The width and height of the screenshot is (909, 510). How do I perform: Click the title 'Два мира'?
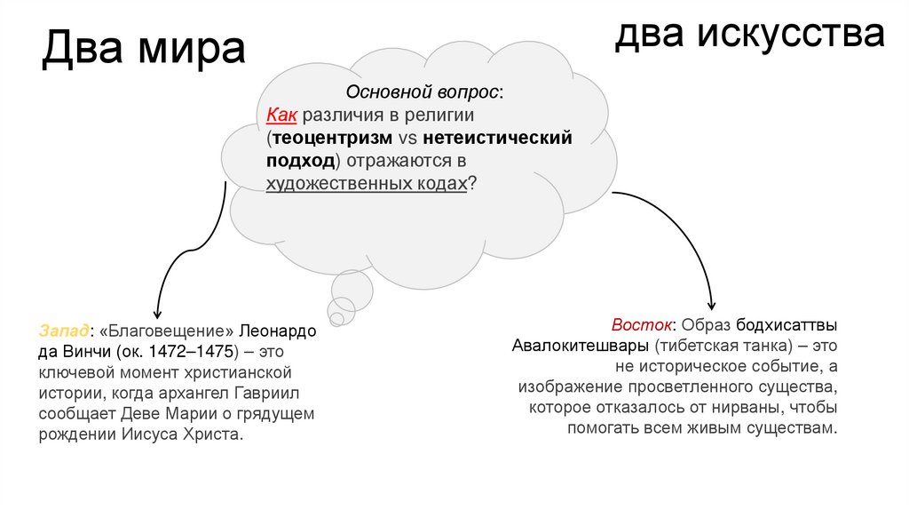pyautogui.click(x=144, y=49)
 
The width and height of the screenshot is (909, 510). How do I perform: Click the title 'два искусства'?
pyautogui.click(x=751, y=34)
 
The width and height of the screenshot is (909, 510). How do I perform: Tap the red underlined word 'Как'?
pyautogui.click(x=281, y=116)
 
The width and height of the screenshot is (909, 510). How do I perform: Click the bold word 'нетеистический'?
pyautogui.click(x=497, y=139)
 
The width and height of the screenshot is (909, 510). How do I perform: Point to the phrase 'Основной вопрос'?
pyautogui.click(x=421, y=92)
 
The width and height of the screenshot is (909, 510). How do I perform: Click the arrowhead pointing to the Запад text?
pyautogui.click(x=156, y=313)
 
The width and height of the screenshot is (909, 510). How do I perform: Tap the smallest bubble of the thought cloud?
pyautogui.click(x=336, y=317)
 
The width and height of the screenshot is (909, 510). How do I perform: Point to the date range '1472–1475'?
pyautogui.click(x=202, y=351)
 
